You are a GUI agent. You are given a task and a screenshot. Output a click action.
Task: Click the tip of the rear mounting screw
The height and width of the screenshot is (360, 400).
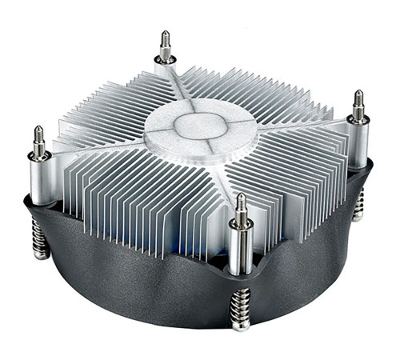[165, 34]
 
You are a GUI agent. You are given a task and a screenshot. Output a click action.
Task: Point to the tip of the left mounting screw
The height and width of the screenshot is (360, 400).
[37, 130]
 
